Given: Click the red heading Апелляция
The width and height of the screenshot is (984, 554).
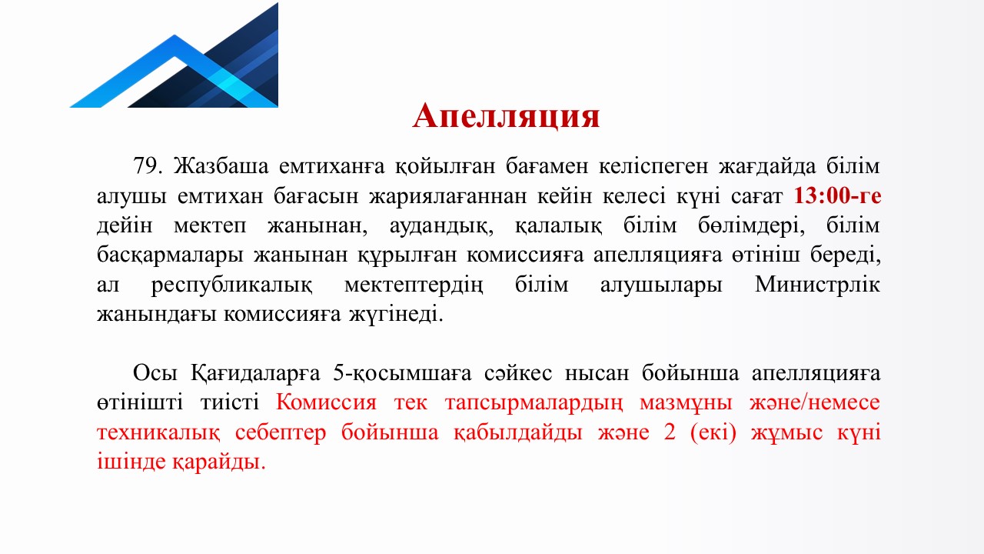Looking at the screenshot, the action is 506,116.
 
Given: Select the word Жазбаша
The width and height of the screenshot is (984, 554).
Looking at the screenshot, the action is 221,166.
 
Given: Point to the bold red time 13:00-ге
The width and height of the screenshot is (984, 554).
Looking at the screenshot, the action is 837,196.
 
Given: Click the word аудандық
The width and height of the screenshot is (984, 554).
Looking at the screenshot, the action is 441,226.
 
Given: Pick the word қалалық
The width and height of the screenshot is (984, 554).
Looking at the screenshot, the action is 558,226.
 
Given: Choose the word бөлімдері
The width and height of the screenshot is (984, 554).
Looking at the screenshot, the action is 751,226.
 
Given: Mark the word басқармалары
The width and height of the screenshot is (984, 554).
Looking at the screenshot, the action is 170,255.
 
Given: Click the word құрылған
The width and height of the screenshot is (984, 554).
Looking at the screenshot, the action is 407,255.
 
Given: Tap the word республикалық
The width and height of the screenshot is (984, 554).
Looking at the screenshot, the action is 231,285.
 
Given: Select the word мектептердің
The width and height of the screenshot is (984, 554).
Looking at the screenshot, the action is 414,285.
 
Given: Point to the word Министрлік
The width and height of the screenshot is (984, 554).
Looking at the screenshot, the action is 817,285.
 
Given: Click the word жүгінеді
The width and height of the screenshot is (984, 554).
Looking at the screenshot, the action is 396,315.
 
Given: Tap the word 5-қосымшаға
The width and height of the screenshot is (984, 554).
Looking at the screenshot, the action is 402,374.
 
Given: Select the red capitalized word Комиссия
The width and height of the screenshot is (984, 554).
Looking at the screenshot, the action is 326,402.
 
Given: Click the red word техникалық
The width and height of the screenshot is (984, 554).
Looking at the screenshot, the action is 158,432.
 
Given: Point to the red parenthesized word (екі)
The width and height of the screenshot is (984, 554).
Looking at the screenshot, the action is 713,432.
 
